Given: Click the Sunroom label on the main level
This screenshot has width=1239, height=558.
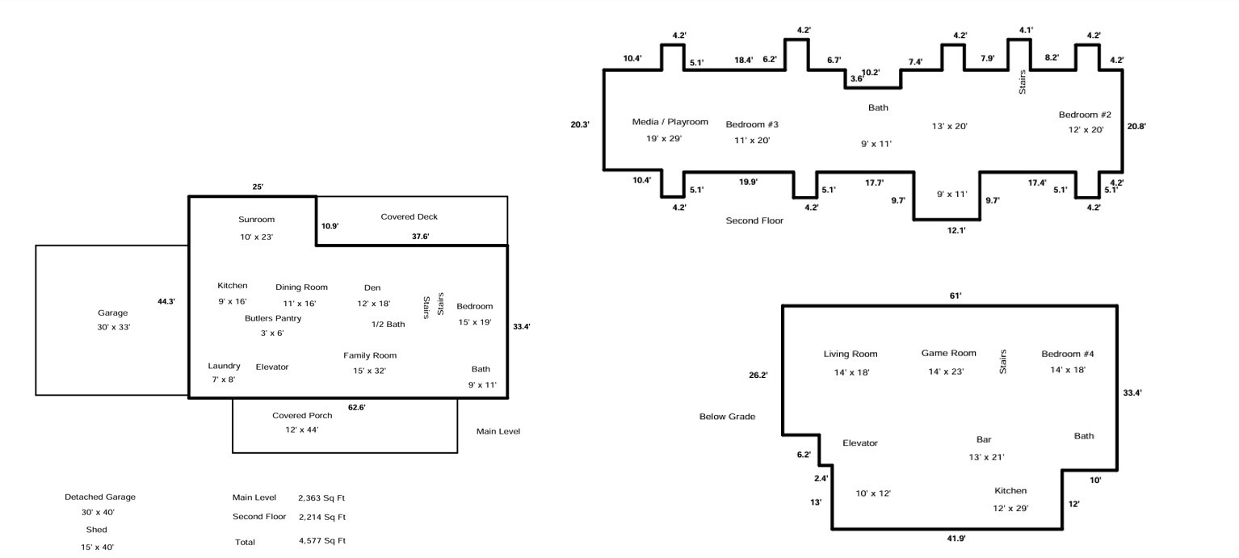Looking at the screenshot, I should pyautogui.click(x=256, y=220).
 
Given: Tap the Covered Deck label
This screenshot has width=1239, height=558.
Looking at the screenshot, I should pyautogui.click(x=409, y=217).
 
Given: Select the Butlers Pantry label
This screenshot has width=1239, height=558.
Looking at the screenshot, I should pyautogui.click(x=273, y=319).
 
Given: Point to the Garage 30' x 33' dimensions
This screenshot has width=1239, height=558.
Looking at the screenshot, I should pyautogui.click(x=113, y=327).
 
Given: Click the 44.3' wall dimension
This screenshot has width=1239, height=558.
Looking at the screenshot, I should pyautogui.click(x=166, y=301).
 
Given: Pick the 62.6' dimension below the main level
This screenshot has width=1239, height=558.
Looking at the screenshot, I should pyautogui.click(x=356, y=408).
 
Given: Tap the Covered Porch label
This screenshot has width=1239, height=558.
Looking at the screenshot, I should pyautogui.click(x=301, y=416).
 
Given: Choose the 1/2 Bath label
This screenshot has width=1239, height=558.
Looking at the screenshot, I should pyautogui.click(x=388, y=325).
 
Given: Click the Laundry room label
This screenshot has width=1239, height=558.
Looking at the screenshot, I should pyautogui.click(x=224, y=367).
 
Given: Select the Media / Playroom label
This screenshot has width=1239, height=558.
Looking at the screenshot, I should pyautogui.click(x=670, y=122).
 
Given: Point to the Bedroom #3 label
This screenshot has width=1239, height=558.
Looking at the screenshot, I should pyautogui.click(x=751, y=124).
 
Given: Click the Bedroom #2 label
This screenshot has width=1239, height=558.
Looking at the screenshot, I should pyautogui.click(x=1085, y=115).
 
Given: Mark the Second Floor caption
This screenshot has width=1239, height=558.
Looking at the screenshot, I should pyautogui.click(x=754, y=220).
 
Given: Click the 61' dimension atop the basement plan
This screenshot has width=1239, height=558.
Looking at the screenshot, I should pyautogui.click(x=955, y=296).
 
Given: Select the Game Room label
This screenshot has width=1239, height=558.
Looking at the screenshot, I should pyautogui.click(x=948, y=353).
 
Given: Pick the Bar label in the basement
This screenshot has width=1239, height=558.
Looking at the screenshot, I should pyautogui.click(x=983, y=440).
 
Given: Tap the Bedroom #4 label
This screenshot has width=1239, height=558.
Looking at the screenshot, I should pyautogui.click(x=1067, y=355).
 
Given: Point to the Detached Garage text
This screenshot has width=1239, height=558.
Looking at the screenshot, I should pyautogui.click(x=100, y=497).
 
